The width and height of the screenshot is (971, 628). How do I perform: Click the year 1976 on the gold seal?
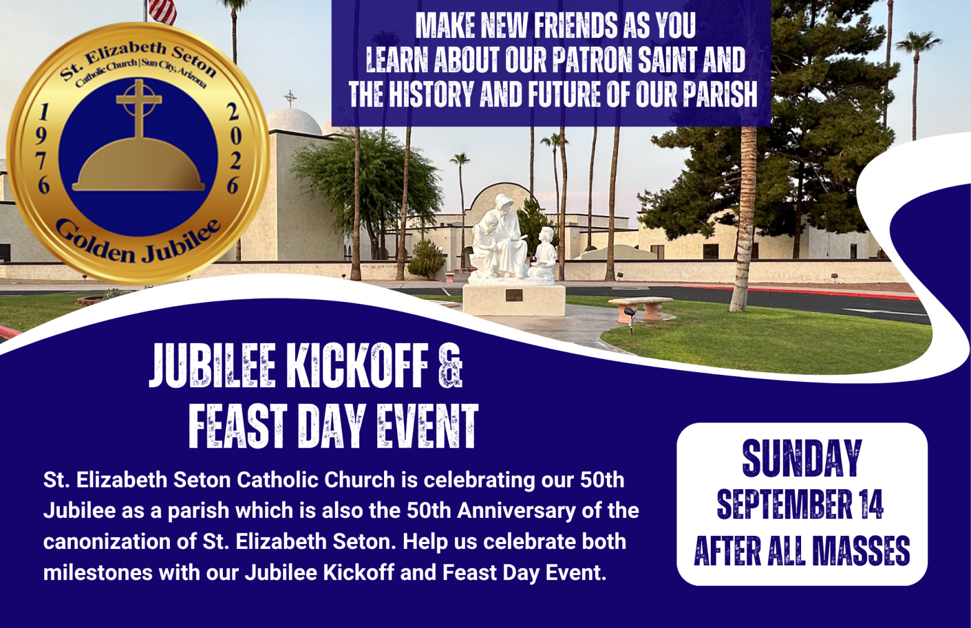click(44, 149)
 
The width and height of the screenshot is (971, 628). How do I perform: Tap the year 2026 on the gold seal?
click(233, 149)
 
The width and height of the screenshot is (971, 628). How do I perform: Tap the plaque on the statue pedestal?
click(514, 295)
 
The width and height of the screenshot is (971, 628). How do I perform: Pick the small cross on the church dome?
click(291, 99)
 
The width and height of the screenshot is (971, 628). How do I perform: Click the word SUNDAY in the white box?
click(802, 458)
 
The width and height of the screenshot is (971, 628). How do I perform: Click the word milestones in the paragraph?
click(98, 573)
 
